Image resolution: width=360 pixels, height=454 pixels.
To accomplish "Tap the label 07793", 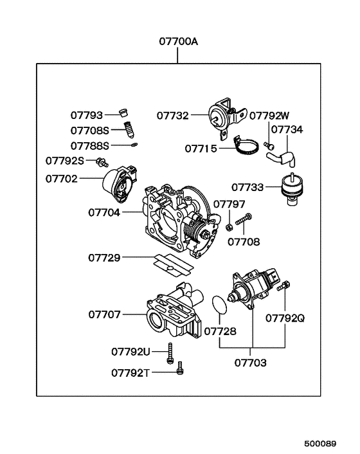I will tap(86, 116).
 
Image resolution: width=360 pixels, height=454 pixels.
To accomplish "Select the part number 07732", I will tap(172, 116).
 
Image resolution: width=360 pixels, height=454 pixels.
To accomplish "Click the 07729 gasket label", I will tap(104, 258).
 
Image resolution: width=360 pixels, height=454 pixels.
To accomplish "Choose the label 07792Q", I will tap(285, 318).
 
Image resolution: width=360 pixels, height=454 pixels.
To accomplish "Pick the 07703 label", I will tap(251, 362).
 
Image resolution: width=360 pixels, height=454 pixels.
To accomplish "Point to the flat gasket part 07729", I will tap(172, 262).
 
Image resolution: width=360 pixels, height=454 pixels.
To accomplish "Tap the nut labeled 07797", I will tap(230, 226).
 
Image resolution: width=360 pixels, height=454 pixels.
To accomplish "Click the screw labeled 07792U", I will tap(170, 353).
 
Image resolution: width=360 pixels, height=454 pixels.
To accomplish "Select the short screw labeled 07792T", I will tap(181, 368).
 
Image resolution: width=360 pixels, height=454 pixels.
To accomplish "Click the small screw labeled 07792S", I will tap(102, 161).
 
